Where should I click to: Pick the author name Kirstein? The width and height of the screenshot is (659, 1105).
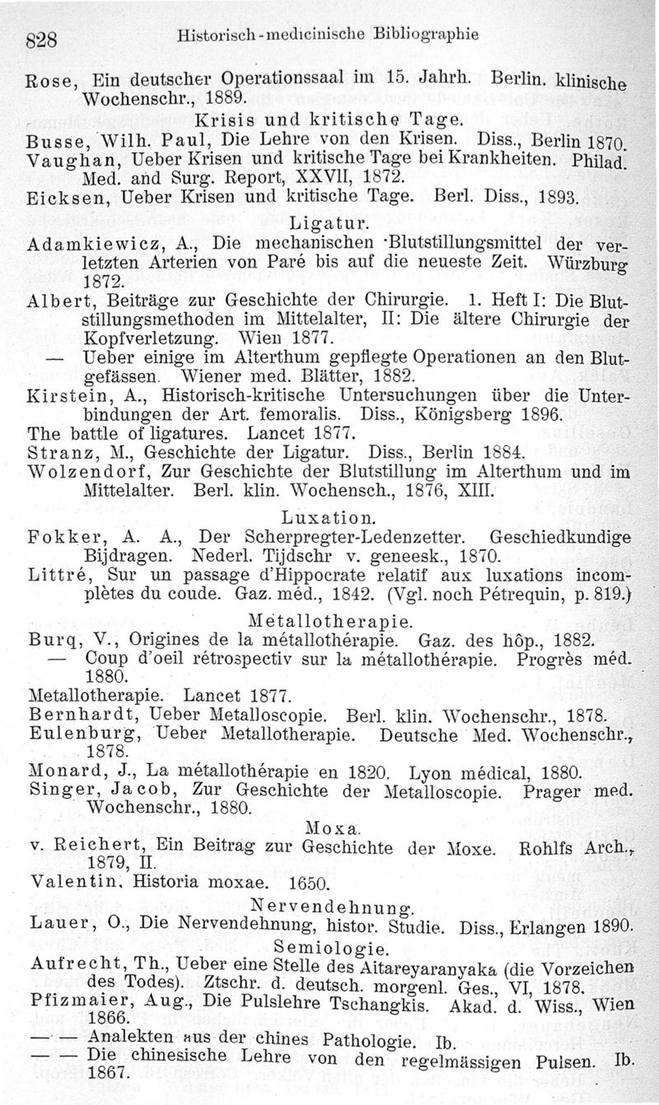click(63, 397)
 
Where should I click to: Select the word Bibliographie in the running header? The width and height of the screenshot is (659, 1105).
click(431, 35)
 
